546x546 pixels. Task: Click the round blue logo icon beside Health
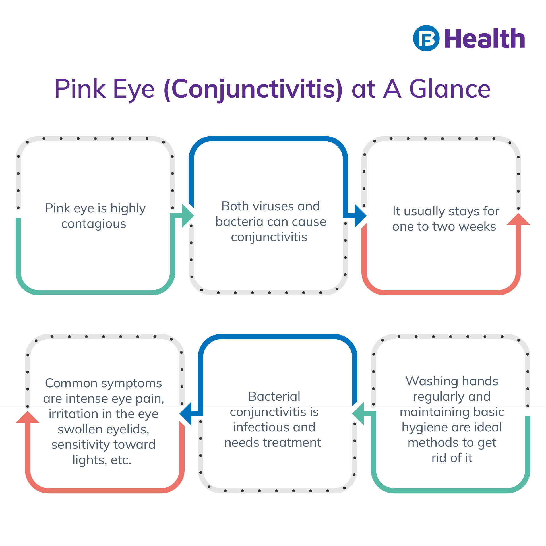(426, 38)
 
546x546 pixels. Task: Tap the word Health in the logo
(484, 39)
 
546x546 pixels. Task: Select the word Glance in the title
(450, 89)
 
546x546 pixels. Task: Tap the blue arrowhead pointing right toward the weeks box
(360, 216)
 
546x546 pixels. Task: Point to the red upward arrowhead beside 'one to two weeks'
(518, 220)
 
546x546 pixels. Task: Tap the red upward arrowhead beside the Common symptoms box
(28, 417)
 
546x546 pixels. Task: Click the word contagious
(94, 224)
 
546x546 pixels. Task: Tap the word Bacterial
(274, 396)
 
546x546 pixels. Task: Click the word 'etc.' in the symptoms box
(121, 460)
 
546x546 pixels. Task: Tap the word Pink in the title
(80, 89)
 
